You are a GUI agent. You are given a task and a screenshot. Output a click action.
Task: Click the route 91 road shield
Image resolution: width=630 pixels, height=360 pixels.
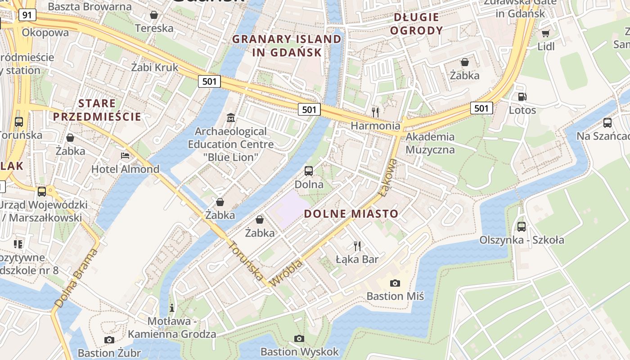click(27, 15)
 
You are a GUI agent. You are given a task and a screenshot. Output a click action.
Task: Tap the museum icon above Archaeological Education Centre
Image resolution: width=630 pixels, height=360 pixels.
click(231, 118)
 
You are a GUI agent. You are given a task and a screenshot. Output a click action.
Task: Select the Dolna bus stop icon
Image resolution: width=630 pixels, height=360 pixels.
click(309, 171)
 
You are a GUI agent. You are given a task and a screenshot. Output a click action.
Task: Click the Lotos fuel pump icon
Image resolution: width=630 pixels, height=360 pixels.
click(522, 96)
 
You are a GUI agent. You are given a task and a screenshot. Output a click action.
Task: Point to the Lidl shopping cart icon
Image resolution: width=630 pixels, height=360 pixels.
click(546, 33)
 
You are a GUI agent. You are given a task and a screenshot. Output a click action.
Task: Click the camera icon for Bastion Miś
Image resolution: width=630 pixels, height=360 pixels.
click(395, 283)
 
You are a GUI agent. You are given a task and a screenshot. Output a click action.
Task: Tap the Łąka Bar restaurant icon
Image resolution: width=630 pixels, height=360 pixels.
click(357, 246)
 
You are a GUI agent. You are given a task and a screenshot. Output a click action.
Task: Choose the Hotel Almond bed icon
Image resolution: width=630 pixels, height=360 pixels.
click(125, 156)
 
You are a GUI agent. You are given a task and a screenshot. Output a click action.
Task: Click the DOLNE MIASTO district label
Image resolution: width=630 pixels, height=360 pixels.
click(351, 214)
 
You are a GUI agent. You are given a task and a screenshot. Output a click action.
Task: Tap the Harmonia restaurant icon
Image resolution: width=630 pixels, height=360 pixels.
click(375, 112)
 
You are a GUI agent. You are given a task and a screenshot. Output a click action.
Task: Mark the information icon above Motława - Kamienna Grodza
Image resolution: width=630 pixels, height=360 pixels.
click(171, 308)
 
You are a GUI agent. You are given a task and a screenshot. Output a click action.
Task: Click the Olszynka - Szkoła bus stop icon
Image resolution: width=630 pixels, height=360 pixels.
click(522, 226)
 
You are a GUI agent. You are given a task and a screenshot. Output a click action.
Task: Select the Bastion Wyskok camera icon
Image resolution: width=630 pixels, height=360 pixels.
click(299, 338)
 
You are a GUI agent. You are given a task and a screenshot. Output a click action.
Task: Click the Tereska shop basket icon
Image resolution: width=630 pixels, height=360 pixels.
click(154, 15)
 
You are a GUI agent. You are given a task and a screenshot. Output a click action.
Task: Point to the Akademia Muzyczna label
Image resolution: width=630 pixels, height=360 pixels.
click(430, 143)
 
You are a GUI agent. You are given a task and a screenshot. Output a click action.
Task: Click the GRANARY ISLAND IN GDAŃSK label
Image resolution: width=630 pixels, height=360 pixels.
click(287, 45)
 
